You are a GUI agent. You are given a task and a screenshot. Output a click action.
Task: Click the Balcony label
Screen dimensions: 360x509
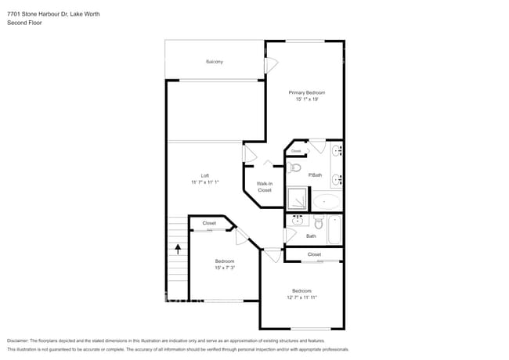(x=215, y=61)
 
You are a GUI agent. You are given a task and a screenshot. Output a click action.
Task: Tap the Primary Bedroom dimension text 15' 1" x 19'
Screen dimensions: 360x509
(x=306, y=99)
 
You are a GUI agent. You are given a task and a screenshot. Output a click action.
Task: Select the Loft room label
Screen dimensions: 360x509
(x=205, y=175)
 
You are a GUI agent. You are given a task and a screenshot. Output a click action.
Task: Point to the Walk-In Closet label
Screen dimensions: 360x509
(x=265, y=186)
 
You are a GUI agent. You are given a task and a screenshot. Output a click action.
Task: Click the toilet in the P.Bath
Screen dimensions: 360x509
(x=294, y=167)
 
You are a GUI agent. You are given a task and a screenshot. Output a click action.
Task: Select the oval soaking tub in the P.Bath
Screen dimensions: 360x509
(x=327, y=201)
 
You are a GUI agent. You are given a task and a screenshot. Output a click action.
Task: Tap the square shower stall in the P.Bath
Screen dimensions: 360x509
(x=297, y=199)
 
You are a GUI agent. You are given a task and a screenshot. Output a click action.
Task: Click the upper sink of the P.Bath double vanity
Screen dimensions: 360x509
(x=337, y=149)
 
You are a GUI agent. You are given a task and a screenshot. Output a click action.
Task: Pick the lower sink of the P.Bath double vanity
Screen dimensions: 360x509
(x=337, y=179)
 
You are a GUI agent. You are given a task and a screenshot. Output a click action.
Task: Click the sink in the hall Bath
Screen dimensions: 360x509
(x=297, y=221)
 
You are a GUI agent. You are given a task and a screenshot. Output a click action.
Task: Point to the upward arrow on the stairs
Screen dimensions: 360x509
(x=178, y=250)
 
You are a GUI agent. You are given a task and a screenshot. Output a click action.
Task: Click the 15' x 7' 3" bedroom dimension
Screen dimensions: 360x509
(x=225, y=268)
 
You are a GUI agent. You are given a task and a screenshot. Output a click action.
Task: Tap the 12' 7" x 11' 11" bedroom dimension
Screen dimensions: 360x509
(x=302, y=297)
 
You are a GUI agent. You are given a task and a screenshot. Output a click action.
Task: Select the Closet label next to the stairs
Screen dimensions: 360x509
(x=209, y=223)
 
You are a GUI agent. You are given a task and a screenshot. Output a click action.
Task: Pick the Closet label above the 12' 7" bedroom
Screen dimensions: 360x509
(x=314, y=254)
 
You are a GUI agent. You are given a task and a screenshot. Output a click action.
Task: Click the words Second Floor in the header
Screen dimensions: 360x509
(x=24, y=23)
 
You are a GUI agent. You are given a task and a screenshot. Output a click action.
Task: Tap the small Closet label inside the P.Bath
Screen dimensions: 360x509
(x=296, y=151)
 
